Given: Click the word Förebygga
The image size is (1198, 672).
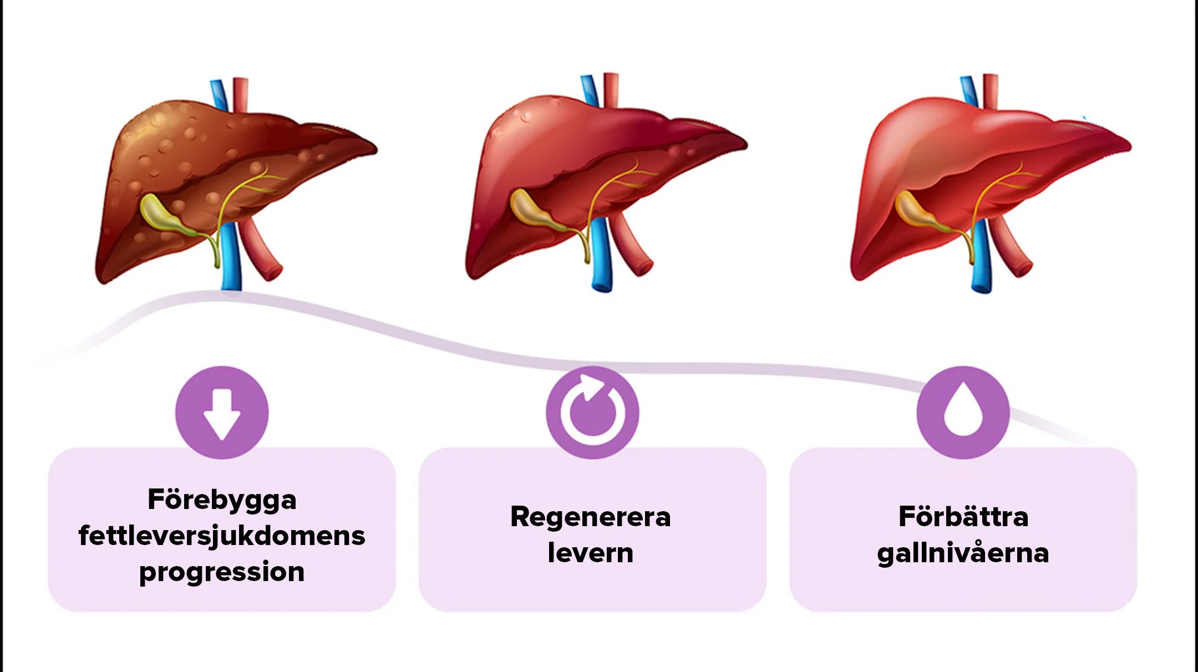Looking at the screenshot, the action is tap(222, 501).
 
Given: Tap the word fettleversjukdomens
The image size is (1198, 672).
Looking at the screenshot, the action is tap(222, 536).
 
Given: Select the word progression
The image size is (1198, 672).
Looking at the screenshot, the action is tap(222, 572).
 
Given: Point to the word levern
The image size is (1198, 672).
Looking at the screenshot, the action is tap(591, 553).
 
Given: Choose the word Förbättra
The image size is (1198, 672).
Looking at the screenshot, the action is tap(963, 517).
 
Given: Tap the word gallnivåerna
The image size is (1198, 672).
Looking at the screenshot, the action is tap(963, 553).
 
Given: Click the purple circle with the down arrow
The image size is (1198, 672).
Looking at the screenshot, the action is tap(222, 413).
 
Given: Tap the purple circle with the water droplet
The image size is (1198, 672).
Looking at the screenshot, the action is tap(963, 413).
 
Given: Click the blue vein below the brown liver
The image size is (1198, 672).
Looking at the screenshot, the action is tap(231, 258).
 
